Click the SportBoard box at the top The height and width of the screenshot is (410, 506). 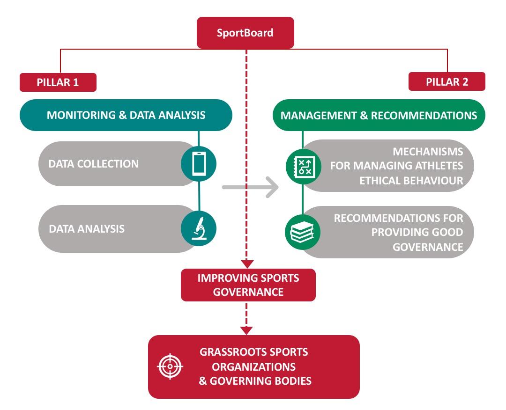(245, 33)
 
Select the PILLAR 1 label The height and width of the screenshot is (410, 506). (58, 82)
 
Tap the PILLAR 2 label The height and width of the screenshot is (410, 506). (446, 82)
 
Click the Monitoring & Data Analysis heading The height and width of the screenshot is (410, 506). (126, 115)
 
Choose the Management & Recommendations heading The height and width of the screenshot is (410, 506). (379, 115)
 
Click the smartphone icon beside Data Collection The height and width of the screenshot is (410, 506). (199, 164)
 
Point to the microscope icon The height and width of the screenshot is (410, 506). (199, 228)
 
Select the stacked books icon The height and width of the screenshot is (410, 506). (303, 232)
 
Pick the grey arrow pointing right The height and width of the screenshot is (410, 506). (250, 188)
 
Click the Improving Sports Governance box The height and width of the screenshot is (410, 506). (248, 285)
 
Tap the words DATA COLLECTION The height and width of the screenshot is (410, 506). (94, 164)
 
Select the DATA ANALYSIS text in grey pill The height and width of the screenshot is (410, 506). (87, 229)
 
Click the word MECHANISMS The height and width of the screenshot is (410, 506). (428, 152)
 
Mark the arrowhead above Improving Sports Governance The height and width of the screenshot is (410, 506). (246, 264)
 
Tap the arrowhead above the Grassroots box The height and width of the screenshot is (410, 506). (246, 330)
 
